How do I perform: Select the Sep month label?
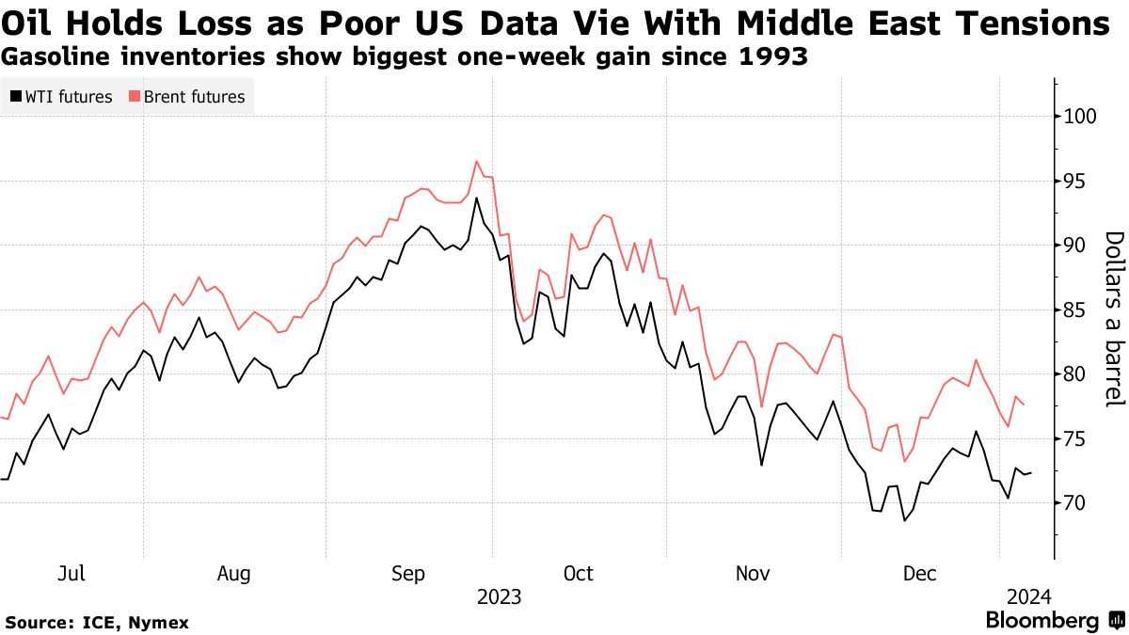[x=408, y=574]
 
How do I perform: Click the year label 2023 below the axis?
[x=499, y=597]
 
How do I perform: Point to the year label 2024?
[x=1028, y=597]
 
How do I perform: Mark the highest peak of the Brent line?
[x=477, y=161]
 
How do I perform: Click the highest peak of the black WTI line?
[x=477, y=198]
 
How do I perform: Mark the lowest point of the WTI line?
[x=904, y=520]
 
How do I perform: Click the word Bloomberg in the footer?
[x=1042, y=621]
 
